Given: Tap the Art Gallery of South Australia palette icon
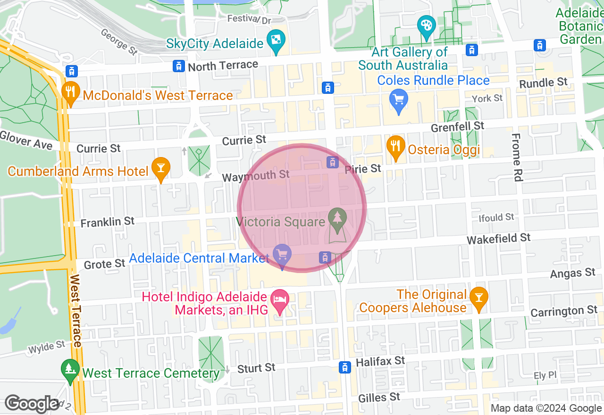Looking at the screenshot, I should coord(427,26).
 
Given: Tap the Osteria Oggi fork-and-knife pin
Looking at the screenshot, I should coord(396,147).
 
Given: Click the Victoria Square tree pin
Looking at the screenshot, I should coord(337,220).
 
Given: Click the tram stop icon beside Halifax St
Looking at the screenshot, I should coord(345,367).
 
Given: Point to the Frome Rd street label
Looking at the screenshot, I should coord(517,157).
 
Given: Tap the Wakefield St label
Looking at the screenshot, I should coord(499,239).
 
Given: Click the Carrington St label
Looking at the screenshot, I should coord(564,312).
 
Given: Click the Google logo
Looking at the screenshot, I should coord(32,404).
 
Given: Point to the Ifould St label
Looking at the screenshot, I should coord(496,217).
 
